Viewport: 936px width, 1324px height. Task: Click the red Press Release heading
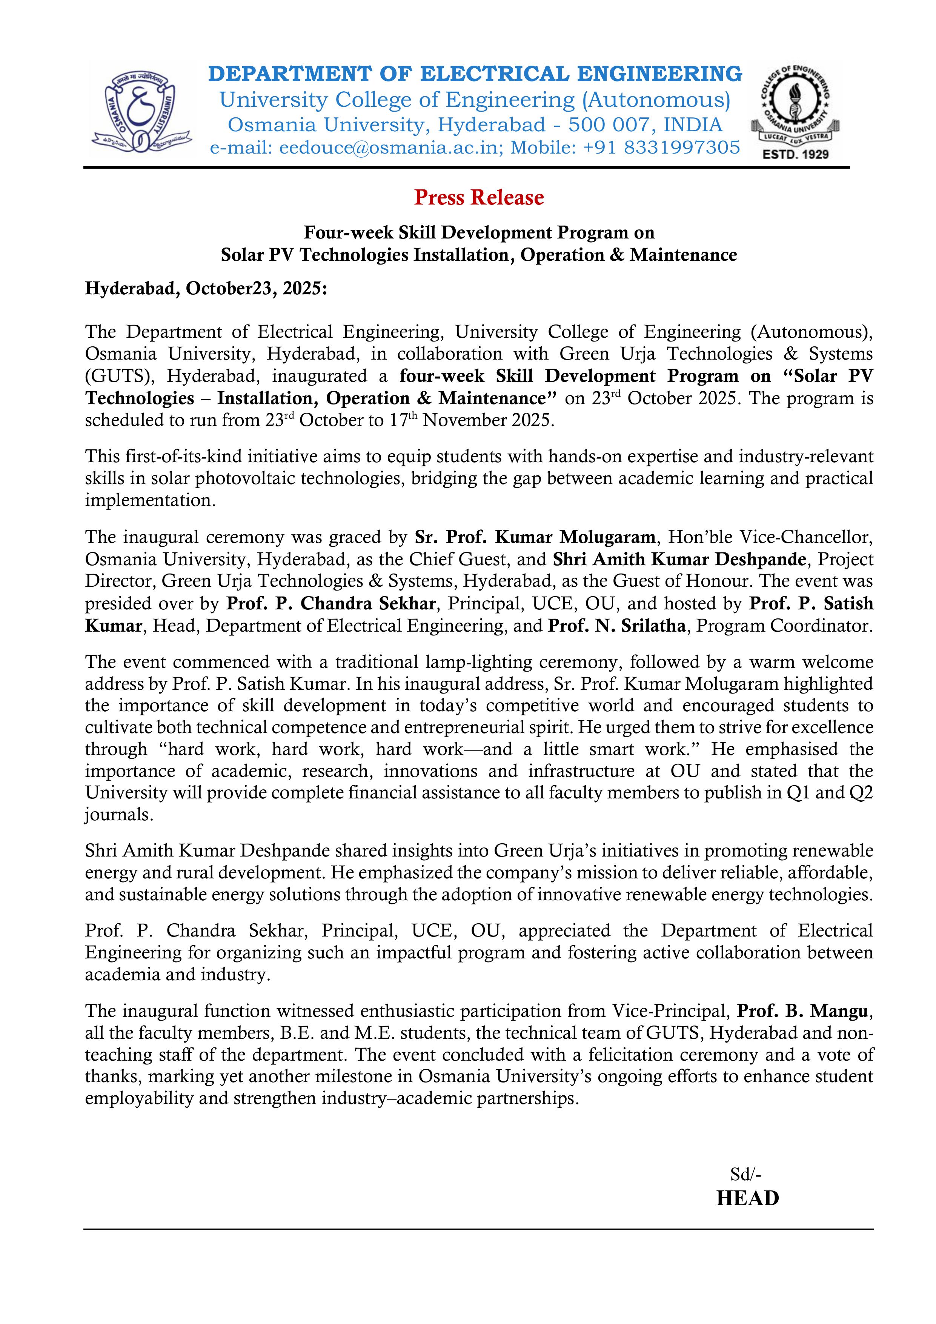tap(479, 198)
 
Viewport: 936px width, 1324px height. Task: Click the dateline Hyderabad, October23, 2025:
tap(206, 288)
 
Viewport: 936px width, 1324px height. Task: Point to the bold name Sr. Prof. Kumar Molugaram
tap(535, 537)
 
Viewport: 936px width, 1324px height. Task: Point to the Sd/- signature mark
tap(746, 1173)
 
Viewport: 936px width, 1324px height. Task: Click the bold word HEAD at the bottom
tap(747, 1198)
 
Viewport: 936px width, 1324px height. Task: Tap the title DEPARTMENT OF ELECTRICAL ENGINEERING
tap(475, 74)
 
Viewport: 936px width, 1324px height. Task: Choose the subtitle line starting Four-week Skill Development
tap(479, 232)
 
